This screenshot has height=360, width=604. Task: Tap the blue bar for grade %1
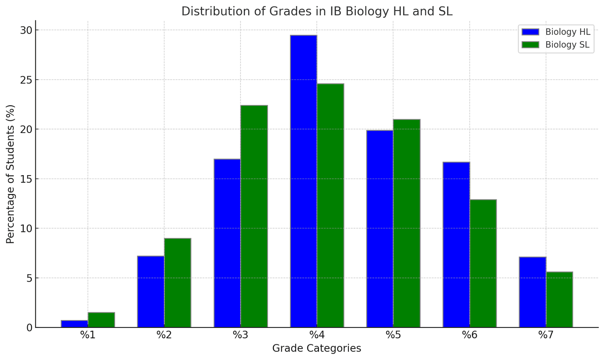click(75, 324)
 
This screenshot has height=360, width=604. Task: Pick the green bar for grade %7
click(559, 300)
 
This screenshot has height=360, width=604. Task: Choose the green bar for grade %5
click(406, 223)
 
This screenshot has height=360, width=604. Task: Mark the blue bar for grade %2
click(151, 292)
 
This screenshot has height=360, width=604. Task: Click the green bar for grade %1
click(101, 320)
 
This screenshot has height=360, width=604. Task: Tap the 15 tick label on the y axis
click(27, 179)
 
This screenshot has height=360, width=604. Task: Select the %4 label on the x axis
click(317, 335)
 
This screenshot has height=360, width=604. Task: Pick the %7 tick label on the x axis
click(546, 335)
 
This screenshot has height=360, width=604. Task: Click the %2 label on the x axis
click(164, 335)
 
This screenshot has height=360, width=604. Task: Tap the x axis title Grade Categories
click(316, 348)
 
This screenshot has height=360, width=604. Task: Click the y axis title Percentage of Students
click(10, 174)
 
